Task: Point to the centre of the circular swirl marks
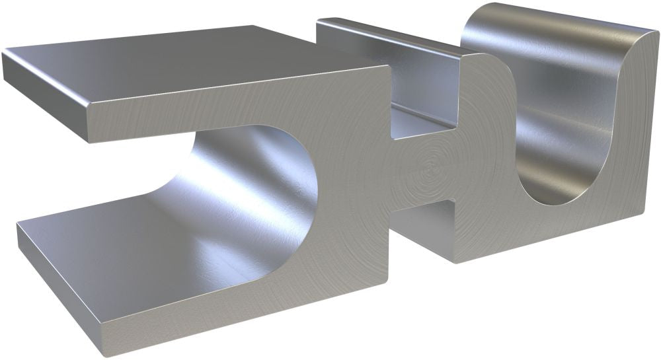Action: click(433, 162)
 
